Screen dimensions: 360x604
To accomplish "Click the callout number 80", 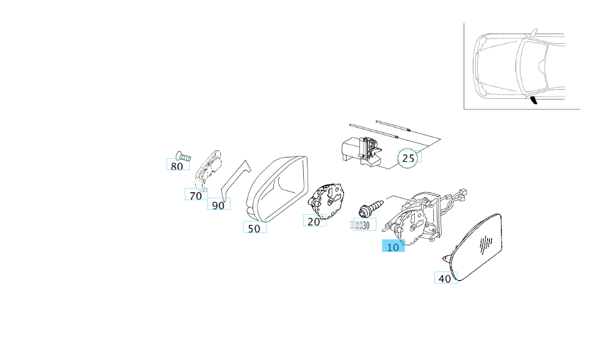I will coord(177,165).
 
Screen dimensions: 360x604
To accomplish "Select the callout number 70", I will coord(195,195).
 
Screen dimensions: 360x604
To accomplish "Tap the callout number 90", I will coord(218,205).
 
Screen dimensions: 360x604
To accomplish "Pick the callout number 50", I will coord(254,228).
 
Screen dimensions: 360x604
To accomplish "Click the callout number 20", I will coord(314,221).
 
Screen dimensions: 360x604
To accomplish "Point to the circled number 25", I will coord(409,158).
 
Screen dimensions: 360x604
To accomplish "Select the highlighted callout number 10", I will coord(393,247).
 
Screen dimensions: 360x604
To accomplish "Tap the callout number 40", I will coord(445,278).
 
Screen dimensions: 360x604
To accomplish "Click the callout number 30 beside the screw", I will coord(365,226).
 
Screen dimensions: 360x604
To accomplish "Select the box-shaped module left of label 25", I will coord(360,149).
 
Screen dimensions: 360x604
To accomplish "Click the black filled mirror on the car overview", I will coord(534,100).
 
